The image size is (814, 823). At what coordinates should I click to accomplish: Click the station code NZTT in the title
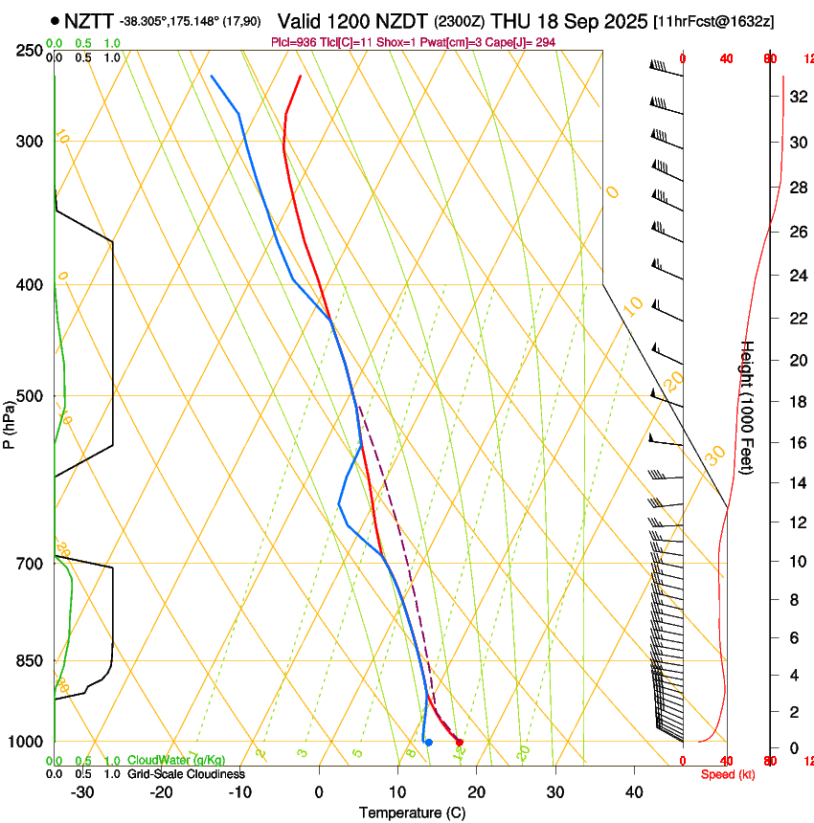click(x=89, y=20)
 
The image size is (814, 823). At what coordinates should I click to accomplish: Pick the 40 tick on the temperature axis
click(x=633, y=792)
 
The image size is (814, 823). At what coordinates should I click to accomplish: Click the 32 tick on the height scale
click(x=798, y=97)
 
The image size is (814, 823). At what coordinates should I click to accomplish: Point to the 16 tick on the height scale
click(x=798, y=443)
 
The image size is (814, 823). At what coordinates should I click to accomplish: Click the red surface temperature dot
click(x=460, y=742)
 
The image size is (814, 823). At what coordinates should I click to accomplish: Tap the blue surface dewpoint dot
click(x=428, y=742)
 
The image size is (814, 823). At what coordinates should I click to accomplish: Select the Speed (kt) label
click(x=728, y=774)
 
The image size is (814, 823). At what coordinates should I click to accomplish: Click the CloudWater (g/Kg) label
click(x=176, y=761)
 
